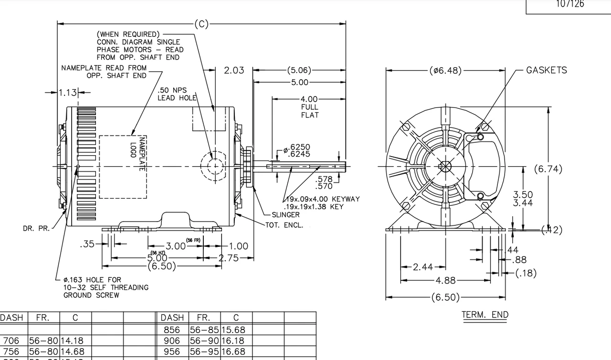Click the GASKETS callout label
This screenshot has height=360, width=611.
(x=547, y=70)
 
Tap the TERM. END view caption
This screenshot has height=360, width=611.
(x=485, y=315)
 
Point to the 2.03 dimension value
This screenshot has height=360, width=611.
(x=234, y=71)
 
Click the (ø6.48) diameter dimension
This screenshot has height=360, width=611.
(x=445, y=71)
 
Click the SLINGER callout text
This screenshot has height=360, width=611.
(x=285, y=215)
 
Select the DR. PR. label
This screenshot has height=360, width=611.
(x=36, y=228)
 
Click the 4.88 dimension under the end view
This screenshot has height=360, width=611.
(x=445, y=280)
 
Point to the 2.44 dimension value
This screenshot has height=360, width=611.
(x=423, y=267)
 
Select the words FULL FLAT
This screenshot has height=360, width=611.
(x=309, y=111)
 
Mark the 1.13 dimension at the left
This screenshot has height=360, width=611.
(x=68, y=93)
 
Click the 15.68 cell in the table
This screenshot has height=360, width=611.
(x=236, y=329)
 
